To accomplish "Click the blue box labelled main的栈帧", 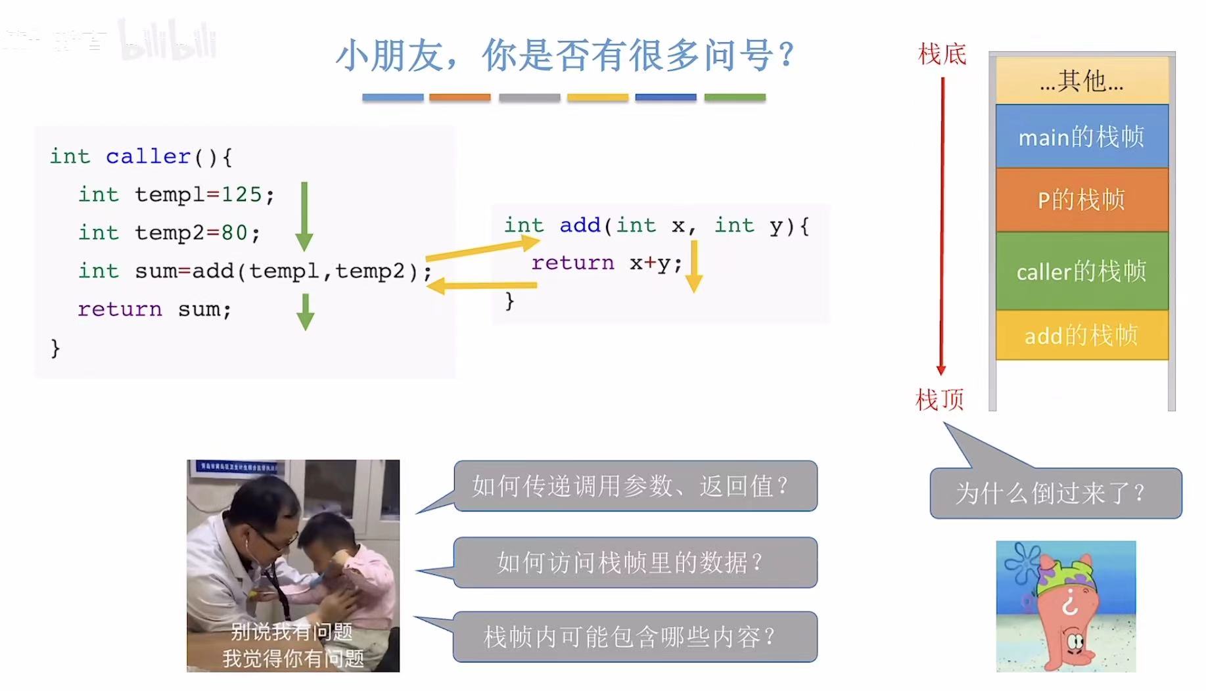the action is [x=1081, y=136].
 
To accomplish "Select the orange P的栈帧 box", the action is [x=1081, y=200].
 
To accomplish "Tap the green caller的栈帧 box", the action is [x=1081, y=271].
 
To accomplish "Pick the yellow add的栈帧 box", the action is [x=1081, y=335].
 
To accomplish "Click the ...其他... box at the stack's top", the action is [x=1081, y=81].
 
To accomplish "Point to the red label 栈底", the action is [x=942, y=54].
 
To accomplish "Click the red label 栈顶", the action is [x=940, y=399].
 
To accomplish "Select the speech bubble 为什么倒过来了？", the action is [x=1055, y=493].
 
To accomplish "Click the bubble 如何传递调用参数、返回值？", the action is [x=635, y=486].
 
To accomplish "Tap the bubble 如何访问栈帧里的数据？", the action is [x=635, y=562].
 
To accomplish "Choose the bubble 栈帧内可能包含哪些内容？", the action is [x=635, y=636].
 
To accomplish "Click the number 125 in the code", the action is [x=241, y=194].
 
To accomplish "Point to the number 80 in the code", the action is [x=234, y=233].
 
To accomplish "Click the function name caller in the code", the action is [x=148, y=156].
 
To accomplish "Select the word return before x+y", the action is [x=572, y=263].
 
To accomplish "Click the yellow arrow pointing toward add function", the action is [x=483, y=250].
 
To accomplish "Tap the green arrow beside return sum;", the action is [x=305, y=312].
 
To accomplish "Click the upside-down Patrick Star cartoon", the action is [x=1065, y=606].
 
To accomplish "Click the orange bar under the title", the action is [x=459, y=97].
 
